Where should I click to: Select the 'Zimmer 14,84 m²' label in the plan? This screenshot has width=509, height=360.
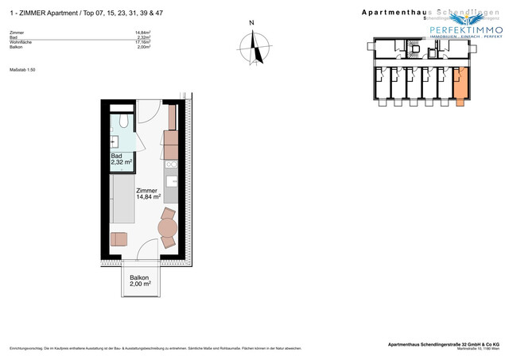coord(148,194)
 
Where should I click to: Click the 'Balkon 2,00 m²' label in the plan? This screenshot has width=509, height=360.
coord(140,280)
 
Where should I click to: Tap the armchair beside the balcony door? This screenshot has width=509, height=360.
coord(119,238)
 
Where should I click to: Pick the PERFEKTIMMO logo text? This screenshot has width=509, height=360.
coord(466,29)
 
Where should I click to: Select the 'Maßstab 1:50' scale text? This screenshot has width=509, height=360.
coord(23,70)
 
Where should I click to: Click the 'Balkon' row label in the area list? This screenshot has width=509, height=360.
coord(16,48)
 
